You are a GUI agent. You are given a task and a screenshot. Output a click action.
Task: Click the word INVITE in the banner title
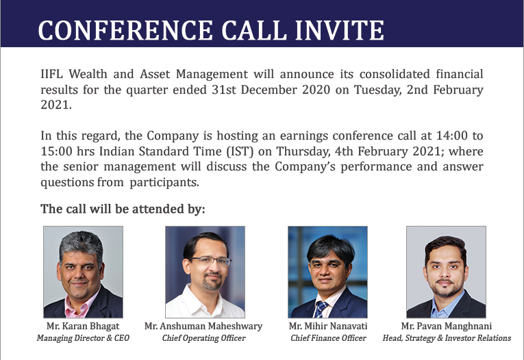[x=340, y=30]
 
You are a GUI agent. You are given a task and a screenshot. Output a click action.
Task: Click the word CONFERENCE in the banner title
[x=125, y=30]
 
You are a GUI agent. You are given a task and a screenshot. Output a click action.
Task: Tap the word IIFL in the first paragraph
[x=51, y=74]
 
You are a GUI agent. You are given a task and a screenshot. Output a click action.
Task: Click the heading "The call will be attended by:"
[x=123, y=209]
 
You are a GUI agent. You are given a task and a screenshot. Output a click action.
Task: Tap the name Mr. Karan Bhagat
[x=83, y=326]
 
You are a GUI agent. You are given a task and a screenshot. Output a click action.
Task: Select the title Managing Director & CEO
[x=83, y=338]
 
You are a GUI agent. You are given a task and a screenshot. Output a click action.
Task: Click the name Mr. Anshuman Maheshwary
[x=203, y=326]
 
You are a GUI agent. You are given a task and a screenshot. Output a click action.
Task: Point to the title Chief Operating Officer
[x=204, y=338]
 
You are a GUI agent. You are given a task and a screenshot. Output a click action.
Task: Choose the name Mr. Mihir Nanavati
[x=328, y=326]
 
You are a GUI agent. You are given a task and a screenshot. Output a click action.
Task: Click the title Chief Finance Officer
[x=328, y=338]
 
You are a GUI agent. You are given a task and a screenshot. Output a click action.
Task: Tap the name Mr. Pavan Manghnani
[x=447, y=326]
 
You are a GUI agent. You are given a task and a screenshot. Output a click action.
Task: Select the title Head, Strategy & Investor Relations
[x=447, y=338]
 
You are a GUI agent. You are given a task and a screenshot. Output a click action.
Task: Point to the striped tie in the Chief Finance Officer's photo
[x=320, y=309]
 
